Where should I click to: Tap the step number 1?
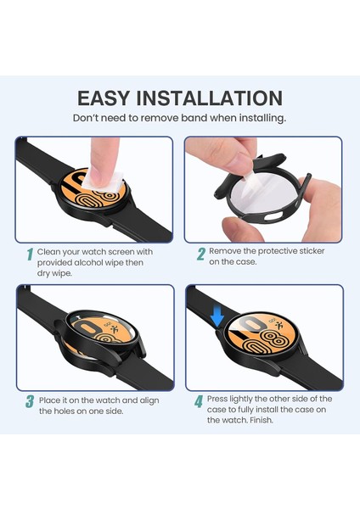tap(29, 254)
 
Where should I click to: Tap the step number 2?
tap(201, 254)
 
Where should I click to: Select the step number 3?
tap(29, 400)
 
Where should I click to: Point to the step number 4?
tap(199, 400)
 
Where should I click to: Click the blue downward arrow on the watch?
tap(217, 317)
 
